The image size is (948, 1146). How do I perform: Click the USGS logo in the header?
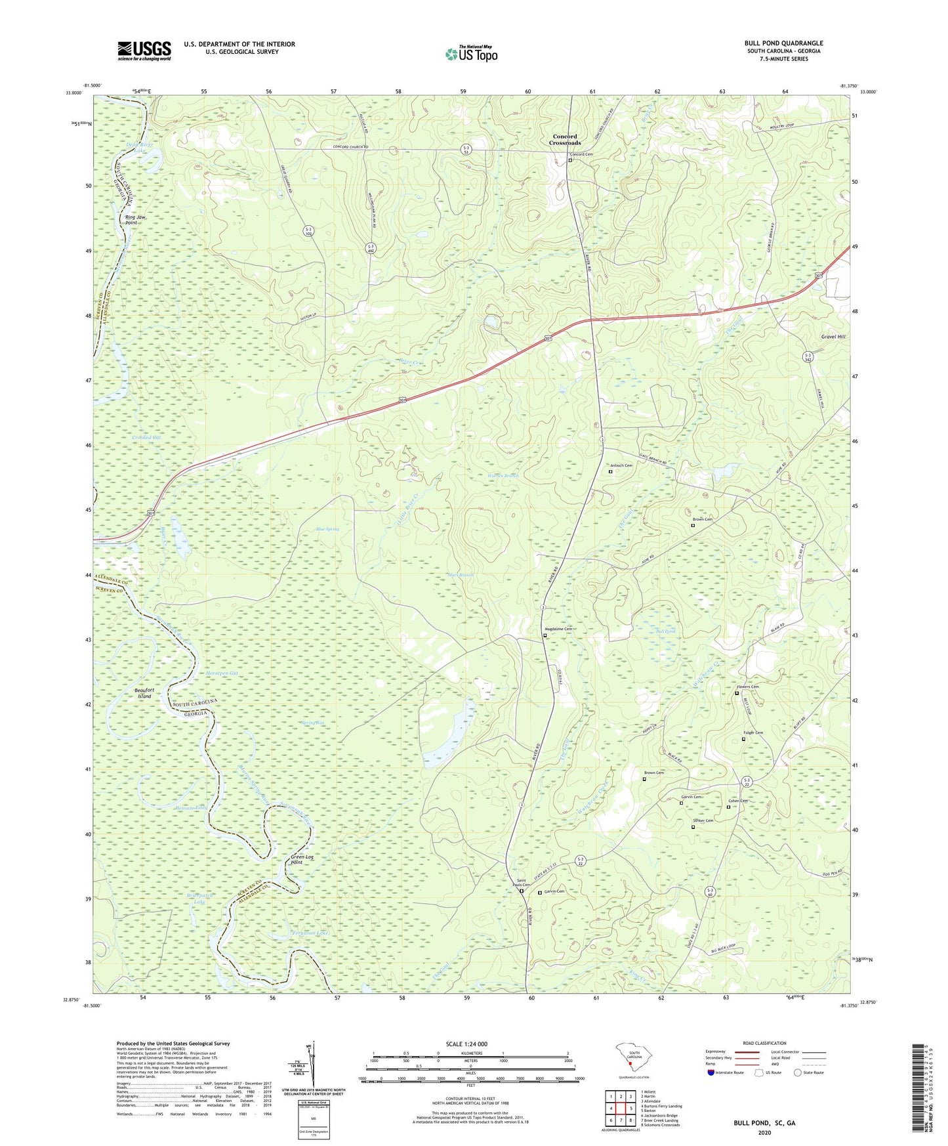[x=144, y=51]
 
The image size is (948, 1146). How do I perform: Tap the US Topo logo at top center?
[x=471, y=53]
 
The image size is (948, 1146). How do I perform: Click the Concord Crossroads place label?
[x=565, y=139]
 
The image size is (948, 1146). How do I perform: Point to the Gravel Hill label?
[x=833, y=336]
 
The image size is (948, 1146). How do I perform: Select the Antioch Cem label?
[x=621, y=465]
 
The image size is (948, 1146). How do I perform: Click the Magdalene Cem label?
[x=558, y=629]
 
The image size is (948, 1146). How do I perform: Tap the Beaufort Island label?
[x=144, y=693]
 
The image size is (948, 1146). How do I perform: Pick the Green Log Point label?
[x=302, y=860]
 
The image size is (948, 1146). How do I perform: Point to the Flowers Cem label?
[x=747, y=687]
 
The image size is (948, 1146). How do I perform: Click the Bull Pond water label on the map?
[x=665, y=631]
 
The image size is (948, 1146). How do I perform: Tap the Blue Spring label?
[x=327, y=528]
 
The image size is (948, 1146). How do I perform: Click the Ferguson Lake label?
[x=310, y=933]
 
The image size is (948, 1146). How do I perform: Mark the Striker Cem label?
[x=703, y=820]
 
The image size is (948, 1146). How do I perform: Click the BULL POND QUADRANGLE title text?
[x=783, y=43]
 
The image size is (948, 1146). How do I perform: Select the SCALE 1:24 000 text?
[x=466, y=1044]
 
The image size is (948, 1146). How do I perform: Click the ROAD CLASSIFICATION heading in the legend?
[x=764, y=1043]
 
